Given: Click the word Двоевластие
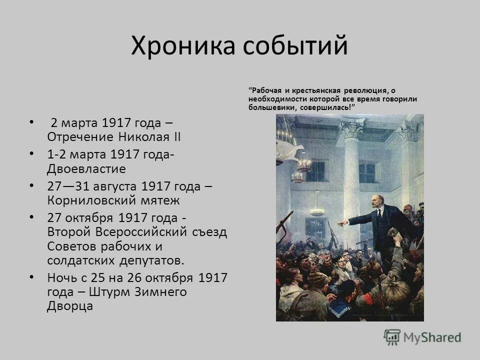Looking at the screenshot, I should click(86, 168).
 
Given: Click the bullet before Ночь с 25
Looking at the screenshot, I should click(32, 276).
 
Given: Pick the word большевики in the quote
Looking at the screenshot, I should click(272, 106).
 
